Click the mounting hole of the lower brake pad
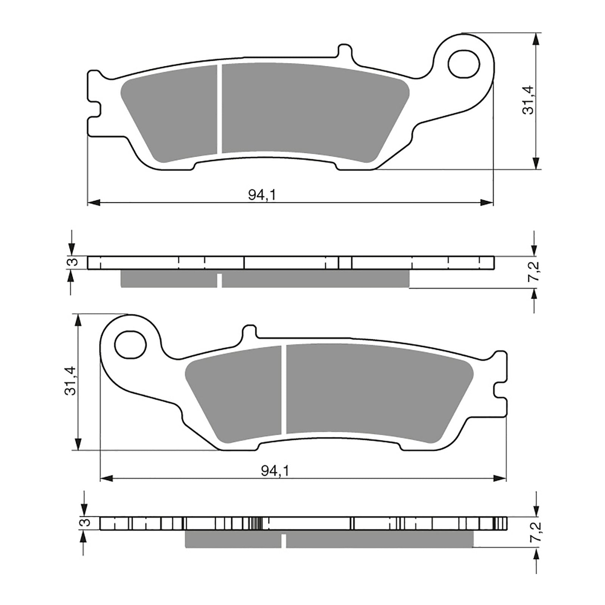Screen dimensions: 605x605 tap(130, 345)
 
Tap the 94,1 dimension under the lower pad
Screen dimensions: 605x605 tap(275, 471)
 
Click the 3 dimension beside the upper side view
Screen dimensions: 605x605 tap(74, 262)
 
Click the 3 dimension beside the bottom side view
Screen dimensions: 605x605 tap(86, 523)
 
